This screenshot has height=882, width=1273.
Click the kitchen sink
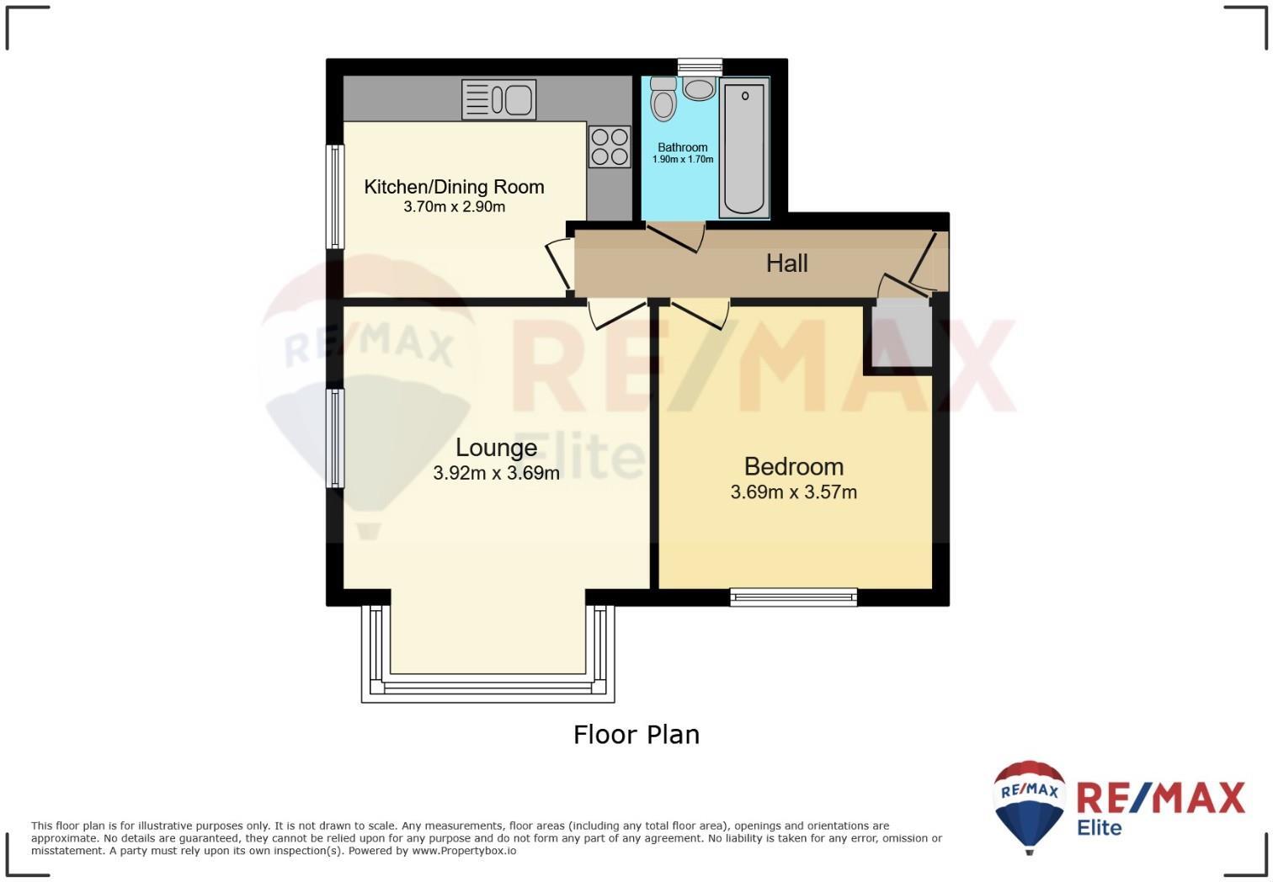pos(498,99)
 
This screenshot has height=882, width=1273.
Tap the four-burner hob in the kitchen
pos(610,146)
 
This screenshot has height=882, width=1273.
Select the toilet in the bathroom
pos(663,98)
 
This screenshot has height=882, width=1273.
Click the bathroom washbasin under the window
pos(699,88)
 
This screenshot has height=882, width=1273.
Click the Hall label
pos(786,263)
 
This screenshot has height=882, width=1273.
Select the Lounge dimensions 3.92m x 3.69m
pos(496,473)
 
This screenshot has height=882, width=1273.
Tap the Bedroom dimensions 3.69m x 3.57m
pos(793,492)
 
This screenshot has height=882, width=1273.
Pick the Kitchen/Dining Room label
pos(454,187)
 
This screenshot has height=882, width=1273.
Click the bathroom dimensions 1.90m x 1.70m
pos(683,159)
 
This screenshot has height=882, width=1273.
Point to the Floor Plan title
pos(636,735)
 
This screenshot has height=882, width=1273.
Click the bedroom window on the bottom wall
pos(793,597)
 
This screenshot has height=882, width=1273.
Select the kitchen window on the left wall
pos(335,196)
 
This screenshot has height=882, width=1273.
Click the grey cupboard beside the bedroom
pos(902,334)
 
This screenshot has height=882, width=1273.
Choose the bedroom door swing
pos(700,313)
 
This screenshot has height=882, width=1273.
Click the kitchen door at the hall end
pos(560,263)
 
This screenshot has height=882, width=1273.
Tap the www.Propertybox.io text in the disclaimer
pos(464,851)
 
